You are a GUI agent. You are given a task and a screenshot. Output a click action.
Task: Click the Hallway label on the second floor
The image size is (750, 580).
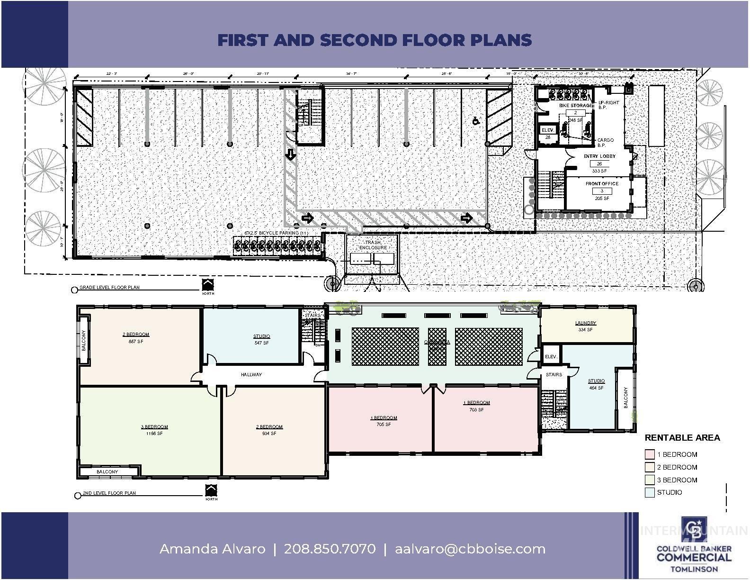(x=251, y=374)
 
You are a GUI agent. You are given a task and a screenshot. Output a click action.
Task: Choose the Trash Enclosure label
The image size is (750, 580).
(x=373, y=245)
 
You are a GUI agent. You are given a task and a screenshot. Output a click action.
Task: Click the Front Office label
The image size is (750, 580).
(x=602, y=183)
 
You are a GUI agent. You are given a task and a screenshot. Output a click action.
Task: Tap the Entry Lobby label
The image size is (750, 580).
(x=599, y=156)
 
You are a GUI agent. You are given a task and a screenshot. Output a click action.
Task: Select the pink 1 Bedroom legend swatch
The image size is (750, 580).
(x=649, y=454)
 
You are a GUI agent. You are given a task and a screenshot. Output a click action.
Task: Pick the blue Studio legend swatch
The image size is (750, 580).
(x=649, y=492)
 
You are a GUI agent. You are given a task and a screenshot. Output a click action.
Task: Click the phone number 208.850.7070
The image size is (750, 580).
(x=330, y=549)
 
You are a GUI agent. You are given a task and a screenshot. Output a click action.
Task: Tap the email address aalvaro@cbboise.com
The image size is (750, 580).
(x=470, y=549)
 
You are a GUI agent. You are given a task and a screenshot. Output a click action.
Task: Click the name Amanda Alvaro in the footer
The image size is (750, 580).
(x=212, y=549)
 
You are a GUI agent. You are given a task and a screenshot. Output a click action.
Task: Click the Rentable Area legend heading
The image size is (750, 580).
(x=682, y=438)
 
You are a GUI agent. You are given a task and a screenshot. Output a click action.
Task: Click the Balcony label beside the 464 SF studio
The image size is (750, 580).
(x=625, y=398)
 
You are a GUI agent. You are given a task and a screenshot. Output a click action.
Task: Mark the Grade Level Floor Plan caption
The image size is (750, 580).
(x=109, y=288)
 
